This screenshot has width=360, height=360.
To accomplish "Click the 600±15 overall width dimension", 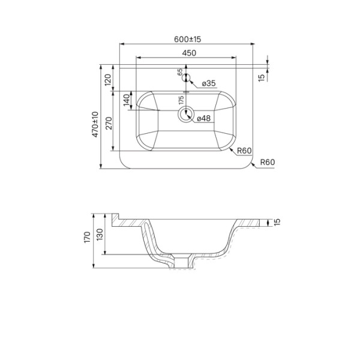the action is point(187,39).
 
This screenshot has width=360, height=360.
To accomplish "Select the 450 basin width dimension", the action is point(189,53).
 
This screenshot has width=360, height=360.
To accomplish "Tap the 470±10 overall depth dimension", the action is point(95,124).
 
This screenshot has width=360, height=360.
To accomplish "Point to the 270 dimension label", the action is point(109,123).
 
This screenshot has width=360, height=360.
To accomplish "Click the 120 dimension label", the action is point(108,80).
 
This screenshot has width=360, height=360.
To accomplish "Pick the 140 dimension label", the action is point(127,100).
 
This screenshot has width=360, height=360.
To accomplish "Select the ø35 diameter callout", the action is point(209,83).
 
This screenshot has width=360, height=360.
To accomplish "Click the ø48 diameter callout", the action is point(203,118).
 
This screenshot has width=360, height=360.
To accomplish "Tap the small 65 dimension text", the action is point(180,71).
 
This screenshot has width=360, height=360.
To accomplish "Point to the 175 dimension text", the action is point(181,100).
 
